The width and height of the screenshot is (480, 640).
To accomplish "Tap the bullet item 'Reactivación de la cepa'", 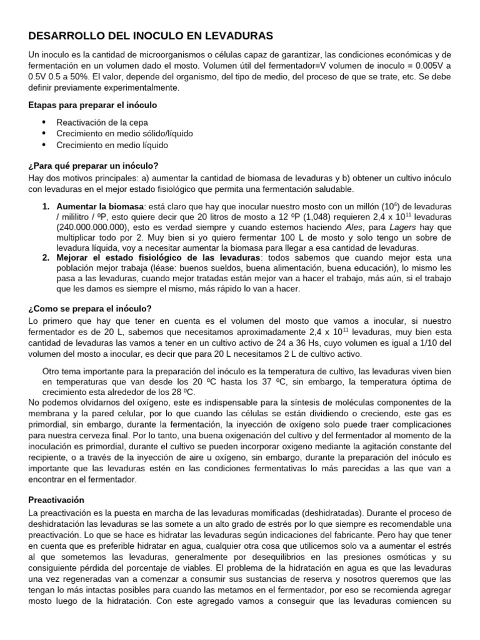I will click(102, 122).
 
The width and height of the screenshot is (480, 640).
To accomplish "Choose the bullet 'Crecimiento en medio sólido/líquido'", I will click(124, 133).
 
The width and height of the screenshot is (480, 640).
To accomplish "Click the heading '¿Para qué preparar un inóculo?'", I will click(93, 166).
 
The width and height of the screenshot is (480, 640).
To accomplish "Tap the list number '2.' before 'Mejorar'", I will click(47, 258).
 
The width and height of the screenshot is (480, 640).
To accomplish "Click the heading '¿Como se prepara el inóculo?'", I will click(90, 309).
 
